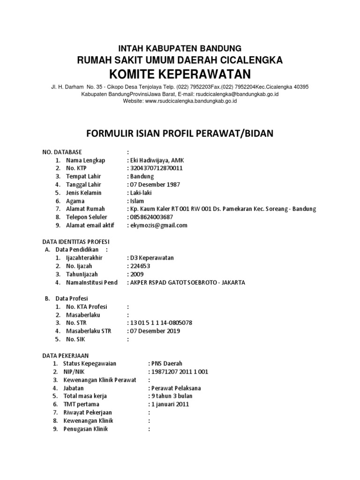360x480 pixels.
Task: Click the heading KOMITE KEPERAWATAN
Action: click(180, 74)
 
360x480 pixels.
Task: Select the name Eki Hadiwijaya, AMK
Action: click(156, 160)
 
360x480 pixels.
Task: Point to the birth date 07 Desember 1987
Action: click(155, 185)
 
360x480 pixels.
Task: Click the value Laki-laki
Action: click(141, 193)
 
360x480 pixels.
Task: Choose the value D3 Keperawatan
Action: click(152, 258)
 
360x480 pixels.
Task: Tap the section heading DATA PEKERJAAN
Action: click(66, 355)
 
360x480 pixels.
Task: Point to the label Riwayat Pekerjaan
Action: click(87, 412)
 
